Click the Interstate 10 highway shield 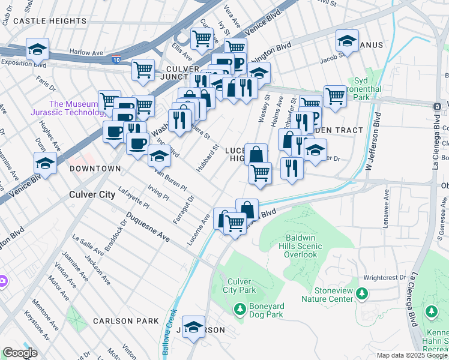click(115, 60)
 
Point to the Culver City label click(92, 194)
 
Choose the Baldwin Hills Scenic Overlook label click(301, 246)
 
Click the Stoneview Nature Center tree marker click(361, 293)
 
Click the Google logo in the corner click(20, 353)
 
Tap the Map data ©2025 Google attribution click(411, 355)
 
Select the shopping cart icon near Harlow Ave click(143, 70)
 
